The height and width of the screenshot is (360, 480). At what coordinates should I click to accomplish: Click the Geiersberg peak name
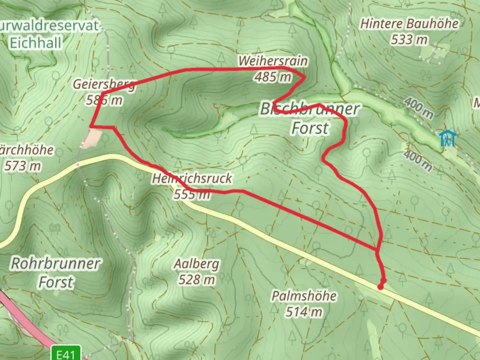point(104,84)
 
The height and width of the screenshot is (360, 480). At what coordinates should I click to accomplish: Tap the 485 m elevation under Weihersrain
point(273,77)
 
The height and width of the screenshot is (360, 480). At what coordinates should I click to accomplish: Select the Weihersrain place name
point(273,61)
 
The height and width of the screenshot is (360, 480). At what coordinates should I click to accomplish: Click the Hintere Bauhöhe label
point(409,24)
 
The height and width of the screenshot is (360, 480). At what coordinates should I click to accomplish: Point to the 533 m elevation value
point(409,40)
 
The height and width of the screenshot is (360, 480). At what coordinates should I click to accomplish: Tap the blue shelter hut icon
point(447,139)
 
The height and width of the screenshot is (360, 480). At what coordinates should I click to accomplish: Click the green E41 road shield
point(66,353)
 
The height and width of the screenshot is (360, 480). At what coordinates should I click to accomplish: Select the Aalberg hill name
point(197,264)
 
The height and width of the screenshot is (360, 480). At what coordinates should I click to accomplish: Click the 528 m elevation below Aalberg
point(197,279)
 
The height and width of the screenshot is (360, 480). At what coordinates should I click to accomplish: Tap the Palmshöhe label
point(304,296)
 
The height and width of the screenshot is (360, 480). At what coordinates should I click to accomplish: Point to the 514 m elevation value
point(304,312)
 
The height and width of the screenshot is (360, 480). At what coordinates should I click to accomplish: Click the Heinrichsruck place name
point(192,178)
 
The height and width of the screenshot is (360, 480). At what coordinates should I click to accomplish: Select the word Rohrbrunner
point(56,263)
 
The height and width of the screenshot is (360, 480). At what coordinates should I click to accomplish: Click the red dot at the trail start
point(381,287)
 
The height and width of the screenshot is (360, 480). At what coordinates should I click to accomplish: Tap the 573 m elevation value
point(23,166)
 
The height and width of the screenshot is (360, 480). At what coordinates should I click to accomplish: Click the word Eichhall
point(36,43)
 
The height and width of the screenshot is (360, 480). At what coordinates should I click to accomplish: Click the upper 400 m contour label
point(419,107)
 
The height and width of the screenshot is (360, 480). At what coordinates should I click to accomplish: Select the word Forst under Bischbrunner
point(310,128)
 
